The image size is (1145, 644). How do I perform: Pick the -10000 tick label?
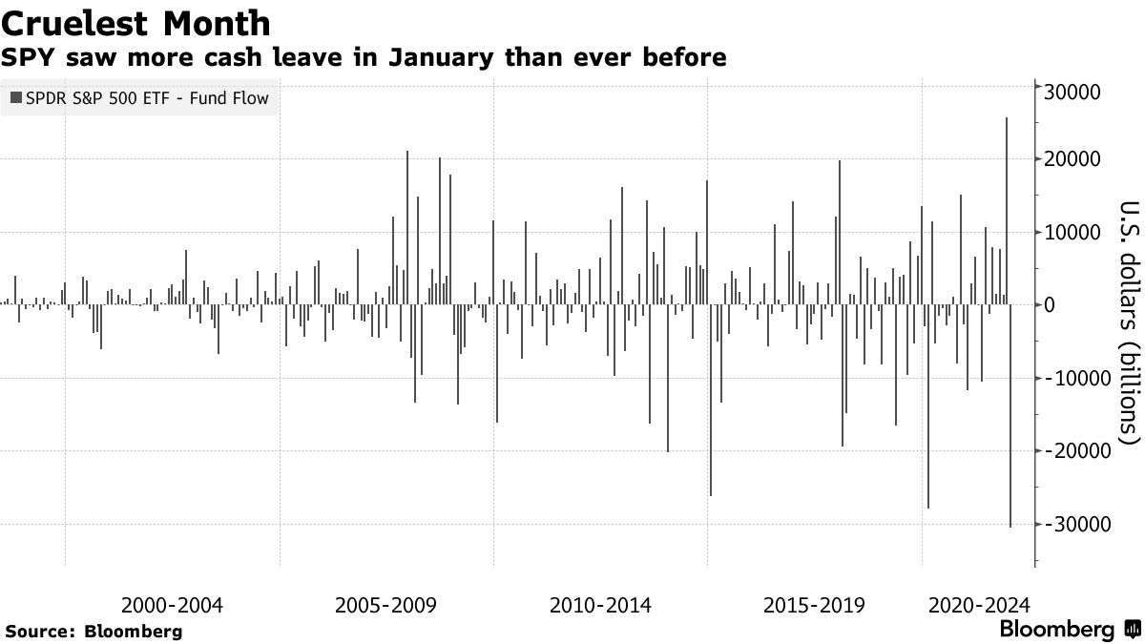pos(1079,379)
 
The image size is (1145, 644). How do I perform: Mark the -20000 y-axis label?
pos(1079,451)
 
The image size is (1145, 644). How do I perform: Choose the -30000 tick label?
pos(1079,525)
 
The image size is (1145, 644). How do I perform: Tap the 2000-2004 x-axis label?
pos(173,605)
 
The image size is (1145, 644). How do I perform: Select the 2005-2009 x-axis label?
pos(386,605)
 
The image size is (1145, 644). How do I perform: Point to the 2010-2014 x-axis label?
pos(601,605)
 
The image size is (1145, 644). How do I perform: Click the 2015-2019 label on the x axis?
pos(815,605)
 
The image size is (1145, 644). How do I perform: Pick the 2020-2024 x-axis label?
pos(979,605)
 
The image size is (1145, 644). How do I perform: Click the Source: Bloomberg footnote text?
pos(94,632)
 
